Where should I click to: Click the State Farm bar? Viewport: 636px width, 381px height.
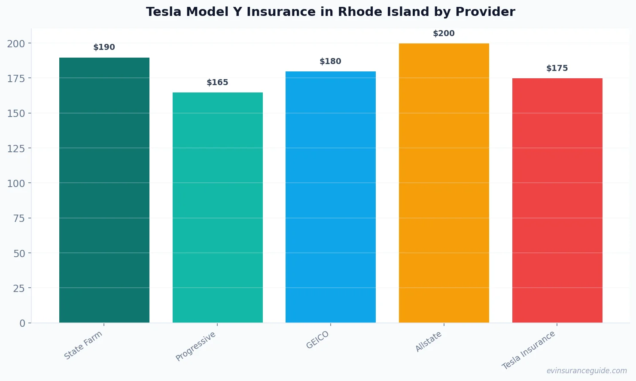tap(104, 190)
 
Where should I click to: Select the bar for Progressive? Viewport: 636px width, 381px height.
tap(217, 207)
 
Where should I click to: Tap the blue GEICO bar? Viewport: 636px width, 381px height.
tap(331, 197)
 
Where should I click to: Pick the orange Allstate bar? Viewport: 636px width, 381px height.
tap(444, 183)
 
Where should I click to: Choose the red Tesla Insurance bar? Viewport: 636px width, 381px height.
tap(557, 200)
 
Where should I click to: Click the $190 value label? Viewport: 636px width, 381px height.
tap(104, 47)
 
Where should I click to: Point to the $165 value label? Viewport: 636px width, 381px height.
tap(217, 83)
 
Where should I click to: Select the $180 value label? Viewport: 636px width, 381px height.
tap(331, 61)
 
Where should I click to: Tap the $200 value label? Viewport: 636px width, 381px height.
tap(444, 34)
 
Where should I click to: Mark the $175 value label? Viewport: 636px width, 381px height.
tap(557, 68)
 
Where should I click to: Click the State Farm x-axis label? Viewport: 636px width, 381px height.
tap(83, 345)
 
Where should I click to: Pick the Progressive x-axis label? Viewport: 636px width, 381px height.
tap(196, 346)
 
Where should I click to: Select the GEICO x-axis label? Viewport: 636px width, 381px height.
tap(318, 340)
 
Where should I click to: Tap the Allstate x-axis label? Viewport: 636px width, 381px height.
tap(429, 342)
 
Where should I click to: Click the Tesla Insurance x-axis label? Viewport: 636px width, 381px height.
tap(529, 350)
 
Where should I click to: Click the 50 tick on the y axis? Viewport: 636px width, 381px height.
tap(19, 253)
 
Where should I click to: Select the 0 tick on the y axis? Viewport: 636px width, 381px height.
tap(22, 323)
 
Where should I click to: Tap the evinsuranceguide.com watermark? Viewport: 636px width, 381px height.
tap(587, 371)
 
